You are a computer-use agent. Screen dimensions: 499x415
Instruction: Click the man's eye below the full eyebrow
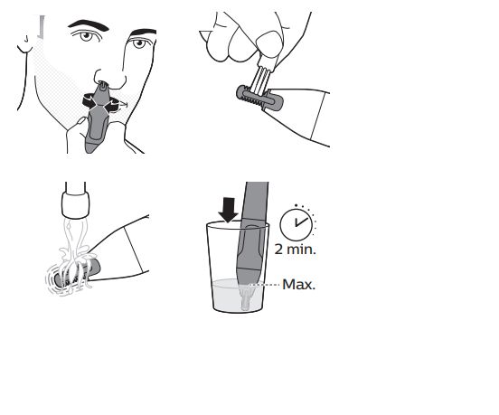click(87, 35)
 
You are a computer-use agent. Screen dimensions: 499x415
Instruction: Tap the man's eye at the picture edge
click(140, 42)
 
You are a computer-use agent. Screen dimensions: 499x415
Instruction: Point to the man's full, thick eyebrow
click(89, 24)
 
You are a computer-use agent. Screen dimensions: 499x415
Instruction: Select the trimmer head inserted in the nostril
click(103, 85)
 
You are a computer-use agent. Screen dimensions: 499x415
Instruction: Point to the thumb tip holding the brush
click(269, 44)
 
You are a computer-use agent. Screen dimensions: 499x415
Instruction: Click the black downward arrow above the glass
click(228, 210)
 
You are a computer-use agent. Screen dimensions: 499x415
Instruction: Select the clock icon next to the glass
click(296, 223)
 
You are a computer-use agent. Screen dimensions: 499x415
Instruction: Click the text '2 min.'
click(296, 250)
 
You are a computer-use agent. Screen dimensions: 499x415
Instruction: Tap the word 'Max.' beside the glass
click(298, 285)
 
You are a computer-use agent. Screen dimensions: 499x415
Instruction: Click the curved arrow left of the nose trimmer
click(89, 101)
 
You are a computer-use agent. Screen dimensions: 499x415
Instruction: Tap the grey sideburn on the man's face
click(41, 27)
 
